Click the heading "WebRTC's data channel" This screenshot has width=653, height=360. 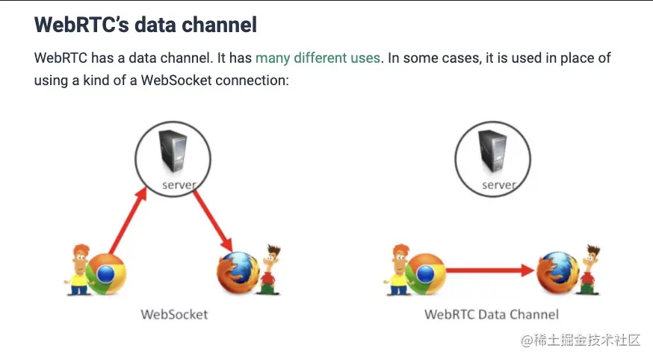click(146, 25)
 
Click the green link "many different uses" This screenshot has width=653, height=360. click(318, 58)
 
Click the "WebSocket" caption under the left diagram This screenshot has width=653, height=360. click(174, 314)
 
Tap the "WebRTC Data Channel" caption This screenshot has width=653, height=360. click(492, 314)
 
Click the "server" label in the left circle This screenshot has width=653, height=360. click(179, 184)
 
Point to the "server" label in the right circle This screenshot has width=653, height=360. click(499, 184)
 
